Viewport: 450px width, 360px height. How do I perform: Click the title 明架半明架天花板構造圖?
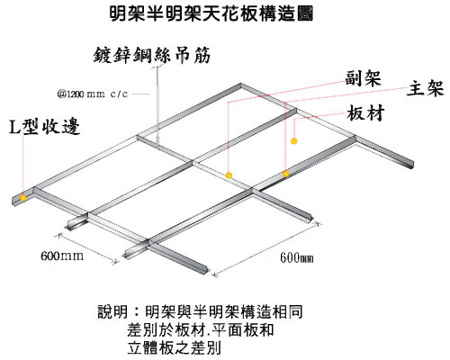(211, 14)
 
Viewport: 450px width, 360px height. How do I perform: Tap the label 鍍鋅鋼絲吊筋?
(152, 55)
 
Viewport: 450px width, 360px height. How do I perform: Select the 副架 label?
(363, 78)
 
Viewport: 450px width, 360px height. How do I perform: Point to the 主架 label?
(425, 88)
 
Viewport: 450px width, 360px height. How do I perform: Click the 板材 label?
(365, 113)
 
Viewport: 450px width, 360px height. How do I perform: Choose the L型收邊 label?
(44, 127)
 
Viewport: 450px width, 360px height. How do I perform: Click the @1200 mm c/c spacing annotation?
(93, 94)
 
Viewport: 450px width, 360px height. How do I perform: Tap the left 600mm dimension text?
(62, 256)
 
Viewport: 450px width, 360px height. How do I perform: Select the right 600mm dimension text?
(297, 257)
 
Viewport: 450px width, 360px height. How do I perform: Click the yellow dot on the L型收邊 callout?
(22, 197)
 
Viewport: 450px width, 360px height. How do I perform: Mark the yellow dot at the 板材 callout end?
(294, 140)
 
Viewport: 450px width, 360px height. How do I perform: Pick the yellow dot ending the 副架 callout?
(229, 175)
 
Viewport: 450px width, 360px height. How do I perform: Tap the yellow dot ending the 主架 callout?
(286, 174)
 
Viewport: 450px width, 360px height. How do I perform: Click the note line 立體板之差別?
(174, 347)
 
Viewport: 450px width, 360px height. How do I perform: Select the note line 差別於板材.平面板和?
(201, 329)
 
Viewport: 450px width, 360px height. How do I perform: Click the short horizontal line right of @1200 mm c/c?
(140, 94)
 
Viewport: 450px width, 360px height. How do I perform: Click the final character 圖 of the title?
(305, 14)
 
